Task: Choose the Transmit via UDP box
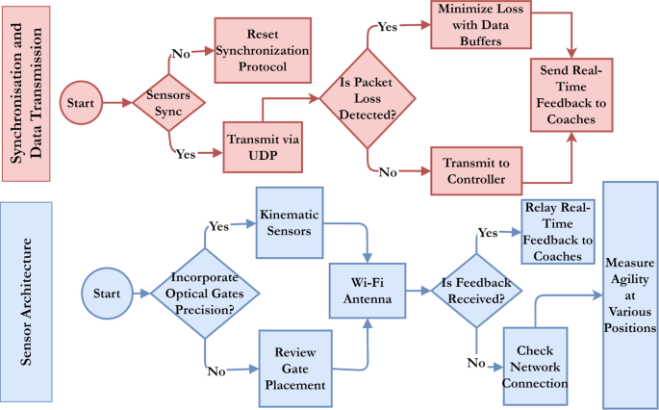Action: (x=263, y=146)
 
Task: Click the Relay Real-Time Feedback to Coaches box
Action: (x=558, y=232)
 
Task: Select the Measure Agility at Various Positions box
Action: (x=630, y=294)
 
